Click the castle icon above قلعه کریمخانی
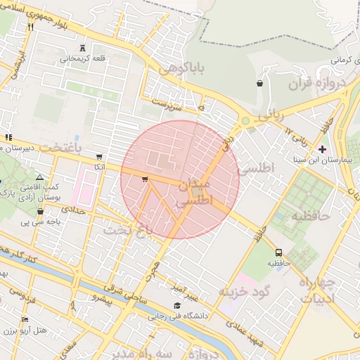83,48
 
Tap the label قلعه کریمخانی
84,59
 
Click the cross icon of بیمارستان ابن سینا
322,149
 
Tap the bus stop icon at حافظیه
279,252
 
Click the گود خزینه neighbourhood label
244,291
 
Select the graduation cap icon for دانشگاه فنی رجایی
176,305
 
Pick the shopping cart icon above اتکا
99,157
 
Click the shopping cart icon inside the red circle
145,180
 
